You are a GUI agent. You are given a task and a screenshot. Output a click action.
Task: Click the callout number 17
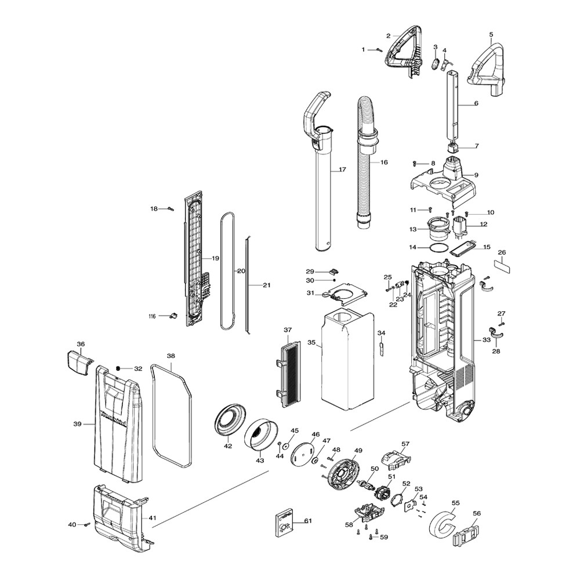pos(342,170)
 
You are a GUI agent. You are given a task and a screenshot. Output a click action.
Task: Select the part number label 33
pos(487,340)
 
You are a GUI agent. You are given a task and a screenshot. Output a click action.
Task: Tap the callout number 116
pos(152,316)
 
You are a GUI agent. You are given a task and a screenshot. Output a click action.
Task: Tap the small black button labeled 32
pos(118,369)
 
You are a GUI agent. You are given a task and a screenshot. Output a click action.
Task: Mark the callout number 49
pos(358,451)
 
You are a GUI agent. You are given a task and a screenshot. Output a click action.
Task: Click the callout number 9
pos(476,175)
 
